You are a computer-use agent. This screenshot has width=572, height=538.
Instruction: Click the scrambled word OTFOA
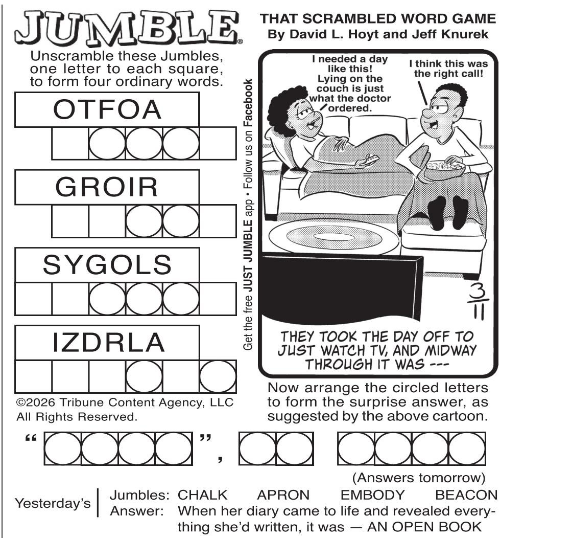coord(107,109)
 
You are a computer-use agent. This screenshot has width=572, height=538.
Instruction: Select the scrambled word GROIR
coord(107,187)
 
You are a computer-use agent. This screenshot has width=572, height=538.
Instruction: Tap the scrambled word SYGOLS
coord(107,265)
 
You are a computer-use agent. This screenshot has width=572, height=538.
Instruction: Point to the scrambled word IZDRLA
coord(108,343)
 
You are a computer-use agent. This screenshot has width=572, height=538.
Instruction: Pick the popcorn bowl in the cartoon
coord(445,169)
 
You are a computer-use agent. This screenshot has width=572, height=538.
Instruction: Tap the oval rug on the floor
coord(334,236)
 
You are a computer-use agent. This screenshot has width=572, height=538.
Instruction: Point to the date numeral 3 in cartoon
coord(476,291)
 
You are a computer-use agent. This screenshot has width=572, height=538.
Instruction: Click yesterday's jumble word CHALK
coord(202,495)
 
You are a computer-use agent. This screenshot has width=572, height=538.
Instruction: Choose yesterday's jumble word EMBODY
coord(372,495)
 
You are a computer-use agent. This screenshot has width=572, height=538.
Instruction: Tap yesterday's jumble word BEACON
coord(467,495)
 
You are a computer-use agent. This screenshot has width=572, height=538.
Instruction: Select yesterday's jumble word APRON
coord(283,495)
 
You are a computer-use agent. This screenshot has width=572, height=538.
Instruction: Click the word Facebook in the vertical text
coord(248,103)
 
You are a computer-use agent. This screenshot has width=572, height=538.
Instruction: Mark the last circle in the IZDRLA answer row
coord(218,376)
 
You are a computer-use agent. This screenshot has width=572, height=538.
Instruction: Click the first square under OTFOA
coord(70,144)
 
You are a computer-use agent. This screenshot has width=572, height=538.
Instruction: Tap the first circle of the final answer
coord(63,449)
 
